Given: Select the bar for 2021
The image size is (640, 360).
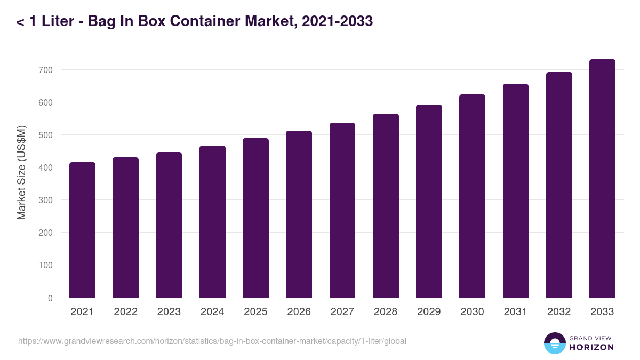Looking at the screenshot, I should pyautogui.click(x=82, y=230).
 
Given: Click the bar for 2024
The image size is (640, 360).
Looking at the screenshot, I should pyautogui.click(x=212, y=221).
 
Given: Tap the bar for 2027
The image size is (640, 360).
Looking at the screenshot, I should pyautogui.click(x=342, y=210).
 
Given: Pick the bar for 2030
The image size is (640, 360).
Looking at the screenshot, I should pyautogui.click(x=472, y=196).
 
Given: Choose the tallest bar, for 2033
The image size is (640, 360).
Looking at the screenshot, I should pyautogui.click(x=602, y=178).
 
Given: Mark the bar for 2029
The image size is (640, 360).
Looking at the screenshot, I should pyautogui.click(x=429, y=201).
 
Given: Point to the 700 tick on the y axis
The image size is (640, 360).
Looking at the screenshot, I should pyautogui.click(x=45, y=70).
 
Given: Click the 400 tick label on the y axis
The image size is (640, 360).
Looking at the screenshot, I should pyautogui.click(x=45, y=167).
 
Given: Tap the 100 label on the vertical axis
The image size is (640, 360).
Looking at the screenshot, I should pyautogui.click(x=45, y=265).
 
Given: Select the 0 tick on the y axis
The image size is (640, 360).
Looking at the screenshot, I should pyautogui.click(x=50, y=298).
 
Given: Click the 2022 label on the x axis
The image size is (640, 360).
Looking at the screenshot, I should pyautogui.click(x=125, y=312).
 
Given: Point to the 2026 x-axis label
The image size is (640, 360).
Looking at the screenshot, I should pyautogui.click(x=299, y=312).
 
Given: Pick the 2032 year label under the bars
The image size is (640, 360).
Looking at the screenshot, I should pyautogui.click(x=559, y=312).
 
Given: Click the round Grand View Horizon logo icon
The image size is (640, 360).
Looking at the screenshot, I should pyautogui.click(x=555, y=343).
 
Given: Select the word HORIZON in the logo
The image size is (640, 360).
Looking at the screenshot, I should pyautogui.click(x=591, y=347).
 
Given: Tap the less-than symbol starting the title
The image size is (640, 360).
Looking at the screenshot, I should pyautogui.click(x=20, y=22).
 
